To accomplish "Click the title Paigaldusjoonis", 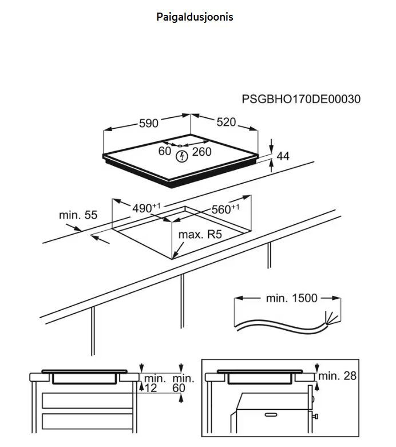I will [195, 17].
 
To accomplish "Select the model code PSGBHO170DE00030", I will [302, 99].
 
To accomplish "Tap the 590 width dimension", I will [148, 123].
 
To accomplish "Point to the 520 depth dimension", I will [226, 122].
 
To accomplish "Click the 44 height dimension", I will [283, 156].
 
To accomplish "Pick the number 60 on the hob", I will [165, 151].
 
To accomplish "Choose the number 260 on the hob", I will [201, 151].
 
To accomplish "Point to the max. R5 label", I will [200, 235].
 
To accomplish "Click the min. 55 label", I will [78, 215].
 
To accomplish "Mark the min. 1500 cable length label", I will [291, 298].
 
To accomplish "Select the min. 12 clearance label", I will [153, 383].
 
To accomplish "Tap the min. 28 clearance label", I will [338, 375].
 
